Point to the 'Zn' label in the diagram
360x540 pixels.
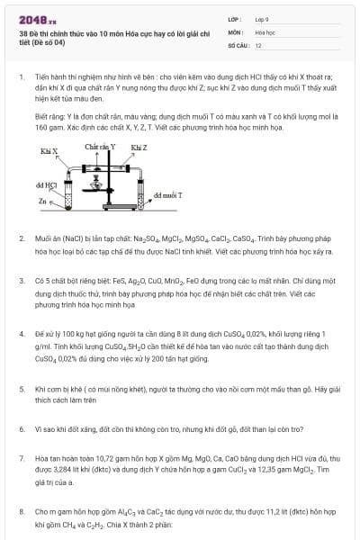pyautogui.click(x=42, y=202)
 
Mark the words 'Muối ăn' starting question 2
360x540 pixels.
pyautogui.click(x=46, y=238)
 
